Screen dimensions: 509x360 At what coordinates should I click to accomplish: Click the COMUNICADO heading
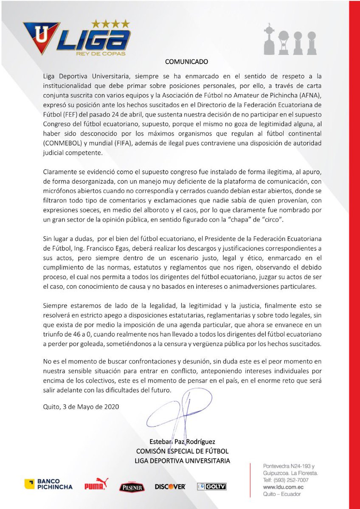coord(186,62)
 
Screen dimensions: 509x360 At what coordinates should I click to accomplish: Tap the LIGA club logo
coord(77,39)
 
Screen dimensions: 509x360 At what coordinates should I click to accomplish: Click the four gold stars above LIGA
coord(111,24)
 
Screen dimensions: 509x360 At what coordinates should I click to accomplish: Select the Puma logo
coord(96,484)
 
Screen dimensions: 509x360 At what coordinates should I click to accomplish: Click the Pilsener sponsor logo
coord(132,486)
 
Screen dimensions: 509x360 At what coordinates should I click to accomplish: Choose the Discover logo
coord(170,487)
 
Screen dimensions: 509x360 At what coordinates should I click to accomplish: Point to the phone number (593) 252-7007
coord(291,480)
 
